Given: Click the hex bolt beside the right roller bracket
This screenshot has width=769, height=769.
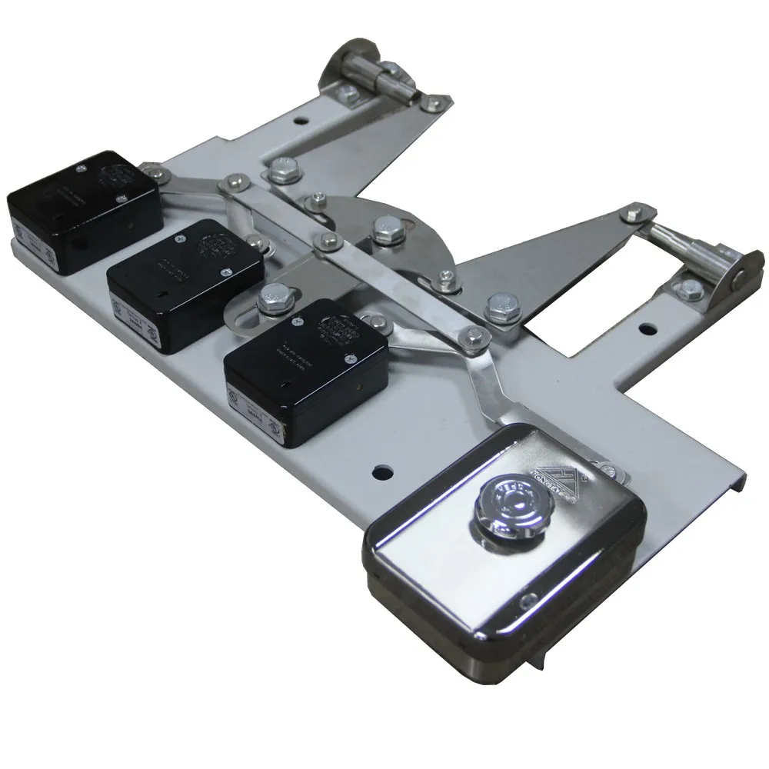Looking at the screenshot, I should pyautogui.click(x=681, y=288).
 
